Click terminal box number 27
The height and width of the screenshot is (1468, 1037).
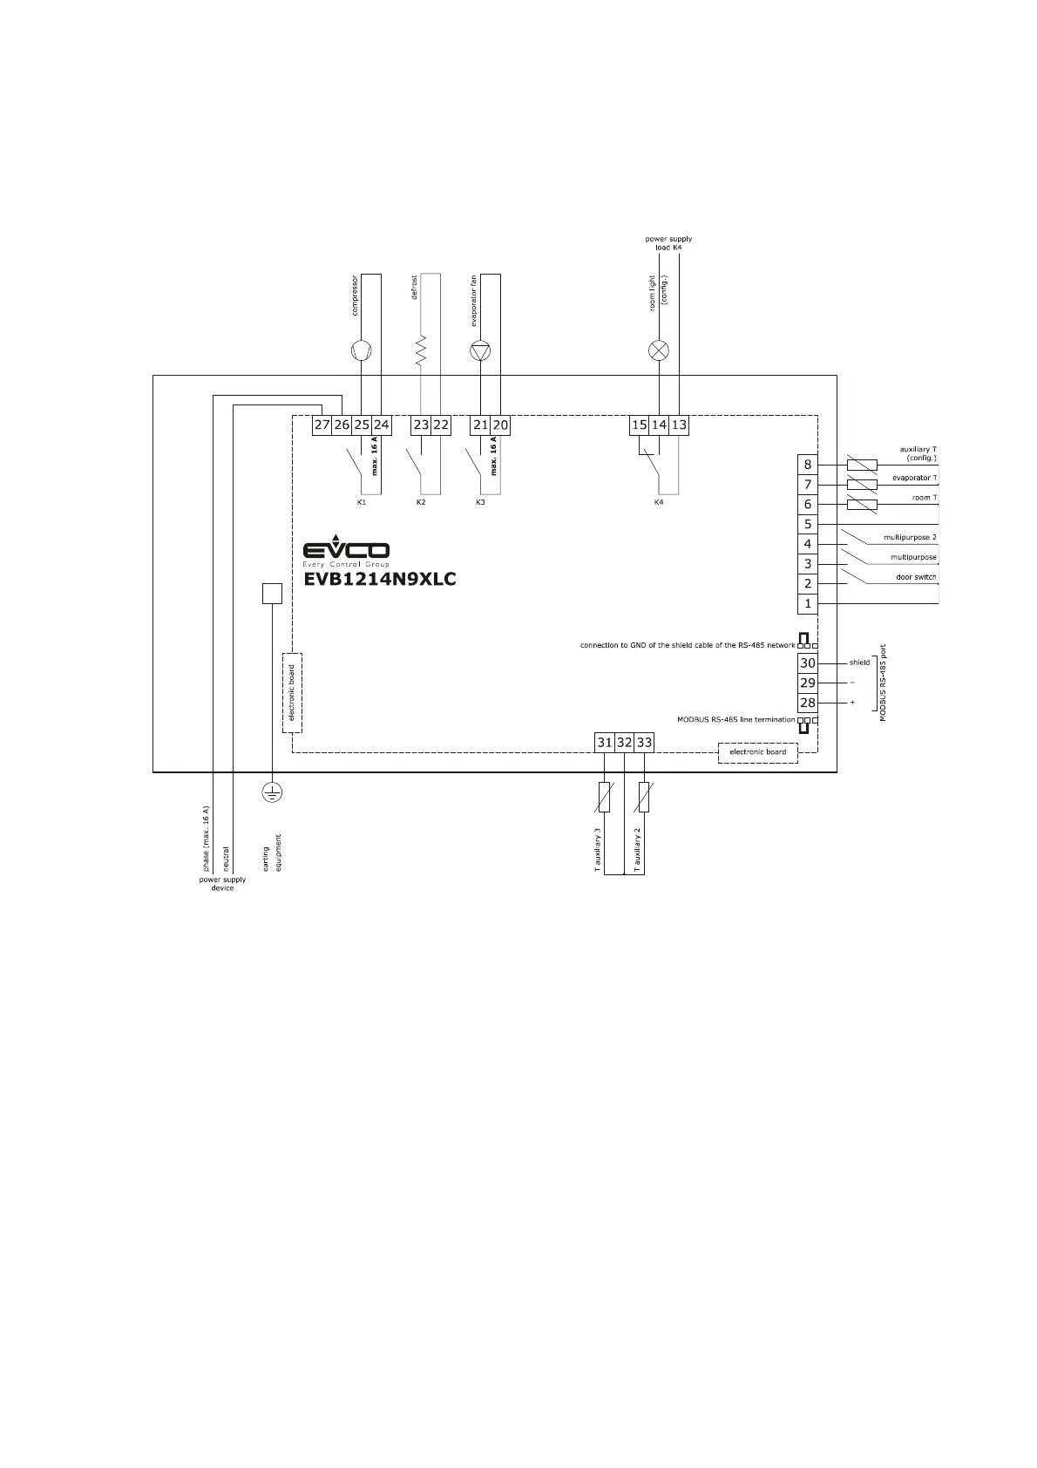(322, 425)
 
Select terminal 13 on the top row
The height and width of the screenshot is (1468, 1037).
(679, 425)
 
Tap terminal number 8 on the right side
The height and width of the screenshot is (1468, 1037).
(808, 465)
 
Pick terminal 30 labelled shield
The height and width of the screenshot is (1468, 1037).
(808, 663)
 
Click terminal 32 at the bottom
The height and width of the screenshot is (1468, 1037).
(624, 743)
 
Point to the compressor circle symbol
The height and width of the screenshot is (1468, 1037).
(361, 351)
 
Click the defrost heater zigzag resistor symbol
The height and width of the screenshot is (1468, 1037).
(421, 350)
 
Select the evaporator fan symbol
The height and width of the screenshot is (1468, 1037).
(480, 351)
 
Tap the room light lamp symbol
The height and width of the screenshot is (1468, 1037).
(659, 351)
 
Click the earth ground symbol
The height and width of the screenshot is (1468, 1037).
(272, 792)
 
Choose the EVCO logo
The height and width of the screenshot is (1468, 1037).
(346, 551)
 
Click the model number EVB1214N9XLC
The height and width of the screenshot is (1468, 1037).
(379, 579)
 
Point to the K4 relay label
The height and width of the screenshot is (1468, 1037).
(659, 503)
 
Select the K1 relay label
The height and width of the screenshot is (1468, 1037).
(362, 503)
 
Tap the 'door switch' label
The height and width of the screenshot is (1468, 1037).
(916, 577)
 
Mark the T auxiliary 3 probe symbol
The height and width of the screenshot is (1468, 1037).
(605, 797)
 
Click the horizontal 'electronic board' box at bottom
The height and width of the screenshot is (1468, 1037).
(757, 752)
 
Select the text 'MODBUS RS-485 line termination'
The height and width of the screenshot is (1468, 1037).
(735, 720)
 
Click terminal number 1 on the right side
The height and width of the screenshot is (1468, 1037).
(808, 603)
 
